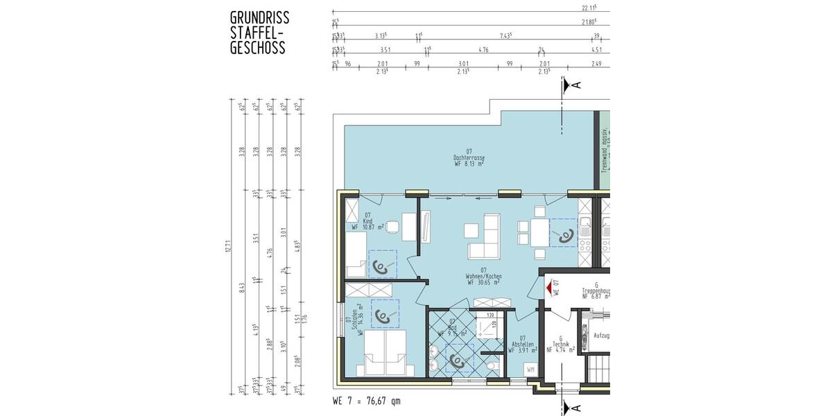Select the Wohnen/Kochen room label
tap(483, 277)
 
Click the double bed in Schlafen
tap(387, 353)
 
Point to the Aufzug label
tap(601, 336)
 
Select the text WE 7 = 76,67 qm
tap(366, 401)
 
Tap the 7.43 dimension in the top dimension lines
tap(505, 35)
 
